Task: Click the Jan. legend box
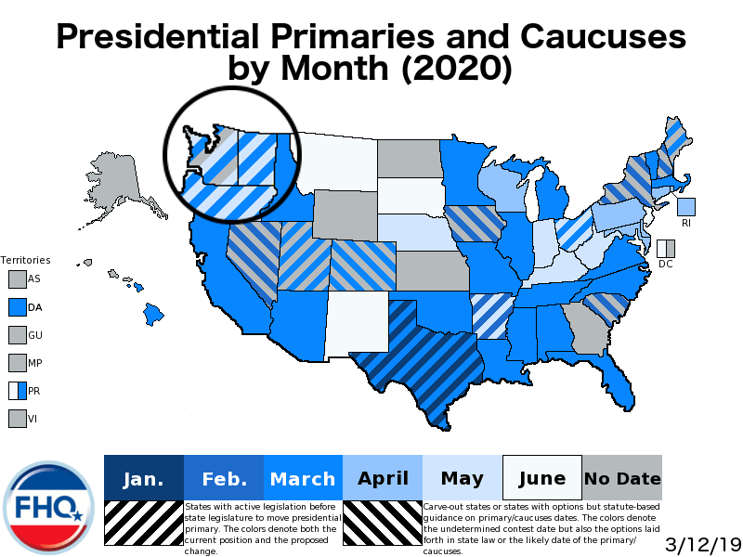pos(144,478)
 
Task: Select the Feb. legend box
pos(224,478)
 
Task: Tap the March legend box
pos(303,478)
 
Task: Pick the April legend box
pos(383,478)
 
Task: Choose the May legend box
pos(462,478)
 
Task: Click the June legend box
pos(541,478)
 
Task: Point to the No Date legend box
pos(621,478)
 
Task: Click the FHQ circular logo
pos(49,507)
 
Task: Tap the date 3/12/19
pos(702,543)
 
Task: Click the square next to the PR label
pos(17,391)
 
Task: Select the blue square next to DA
pos(17,306)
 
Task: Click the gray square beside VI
pos(17,419)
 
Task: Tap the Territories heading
pos(25,260)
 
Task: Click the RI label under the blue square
pos(686,224)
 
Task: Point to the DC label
pos(665,264)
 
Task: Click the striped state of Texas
pos(418,362)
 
